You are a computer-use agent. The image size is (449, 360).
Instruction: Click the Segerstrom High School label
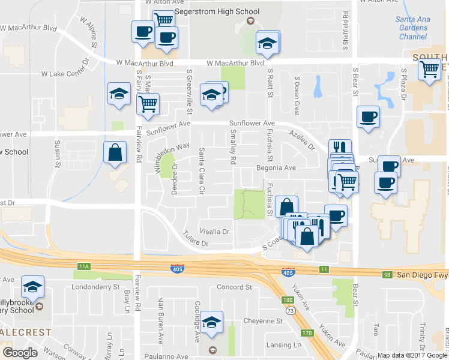[214, 12]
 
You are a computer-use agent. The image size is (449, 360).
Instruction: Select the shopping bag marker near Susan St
[114, 154]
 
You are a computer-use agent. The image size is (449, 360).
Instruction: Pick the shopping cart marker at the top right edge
[430, 70]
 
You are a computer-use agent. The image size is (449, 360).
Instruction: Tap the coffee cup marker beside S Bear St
[368, 118]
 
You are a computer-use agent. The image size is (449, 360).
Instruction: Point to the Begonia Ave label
[277, 168]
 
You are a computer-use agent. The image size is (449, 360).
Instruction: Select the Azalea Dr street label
[301, 140]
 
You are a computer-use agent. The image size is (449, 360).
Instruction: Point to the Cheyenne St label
[262, 321]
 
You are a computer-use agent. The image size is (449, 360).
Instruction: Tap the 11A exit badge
[83, 266]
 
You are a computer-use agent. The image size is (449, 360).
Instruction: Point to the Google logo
[20, 353]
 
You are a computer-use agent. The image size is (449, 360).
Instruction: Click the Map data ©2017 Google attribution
[412, 355]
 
